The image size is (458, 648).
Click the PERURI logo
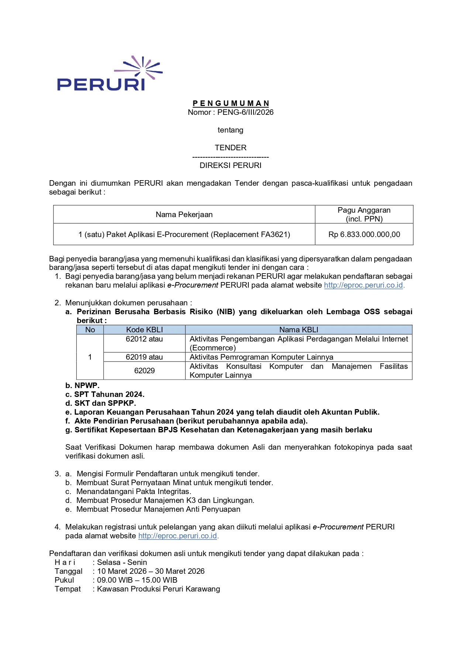110,74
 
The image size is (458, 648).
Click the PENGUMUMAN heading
231,103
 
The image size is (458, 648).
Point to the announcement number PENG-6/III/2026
245,112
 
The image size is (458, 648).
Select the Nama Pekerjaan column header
184,215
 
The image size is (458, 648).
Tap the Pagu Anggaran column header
364,214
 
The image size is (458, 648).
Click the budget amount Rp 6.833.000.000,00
364,234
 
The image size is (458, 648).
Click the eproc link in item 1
363,285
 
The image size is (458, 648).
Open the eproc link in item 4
178,536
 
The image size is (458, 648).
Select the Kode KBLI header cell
144,330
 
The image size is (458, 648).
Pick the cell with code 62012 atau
144,339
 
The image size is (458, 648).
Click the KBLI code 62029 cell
144,371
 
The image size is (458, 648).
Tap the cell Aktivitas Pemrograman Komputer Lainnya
261,357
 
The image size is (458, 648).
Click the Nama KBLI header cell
299,330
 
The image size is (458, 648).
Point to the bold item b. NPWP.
82,385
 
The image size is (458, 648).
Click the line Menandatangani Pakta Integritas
134,491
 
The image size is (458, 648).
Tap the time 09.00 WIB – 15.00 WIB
137,580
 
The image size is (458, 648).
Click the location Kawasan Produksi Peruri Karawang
158,589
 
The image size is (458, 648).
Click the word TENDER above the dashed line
231,148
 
